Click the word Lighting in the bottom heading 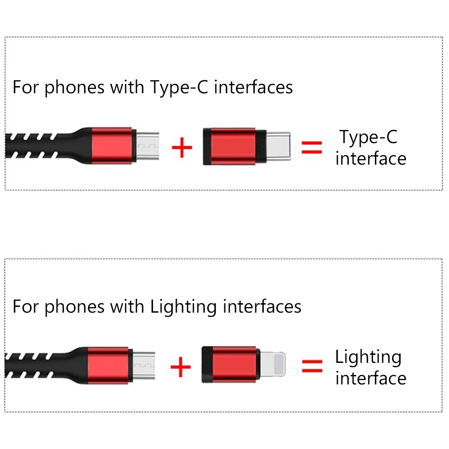click(183, 307)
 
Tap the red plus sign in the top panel click(182, 148)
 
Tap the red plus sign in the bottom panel click(181, 367)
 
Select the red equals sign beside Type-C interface click(311, 148)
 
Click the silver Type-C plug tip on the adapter click(278, 146)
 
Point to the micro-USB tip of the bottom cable click(143, 365)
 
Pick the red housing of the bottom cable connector click(108, 365)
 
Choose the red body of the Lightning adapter click(233, 365)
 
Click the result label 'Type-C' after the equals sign click(368, 137)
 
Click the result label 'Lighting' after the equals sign click(368, 357)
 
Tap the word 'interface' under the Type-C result click(371, 158)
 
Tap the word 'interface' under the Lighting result click(371, 378)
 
